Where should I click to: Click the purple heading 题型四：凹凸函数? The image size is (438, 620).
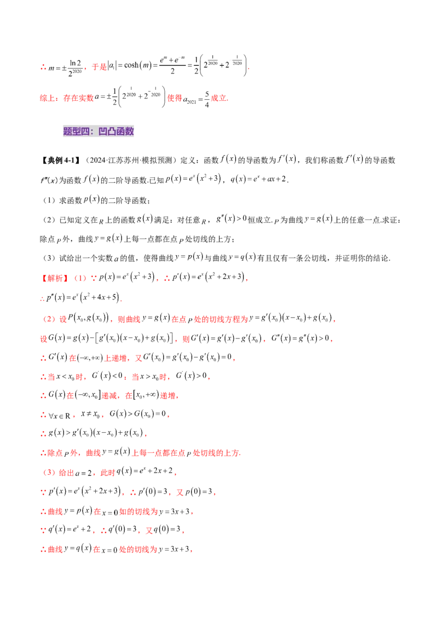click(99, 131)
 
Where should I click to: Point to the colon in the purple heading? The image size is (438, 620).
click(95, 131)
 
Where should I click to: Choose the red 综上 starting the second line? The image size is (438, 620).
click(47, 99)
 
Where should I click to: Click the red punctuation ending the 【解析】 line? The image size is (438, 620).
click(250, 280)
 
